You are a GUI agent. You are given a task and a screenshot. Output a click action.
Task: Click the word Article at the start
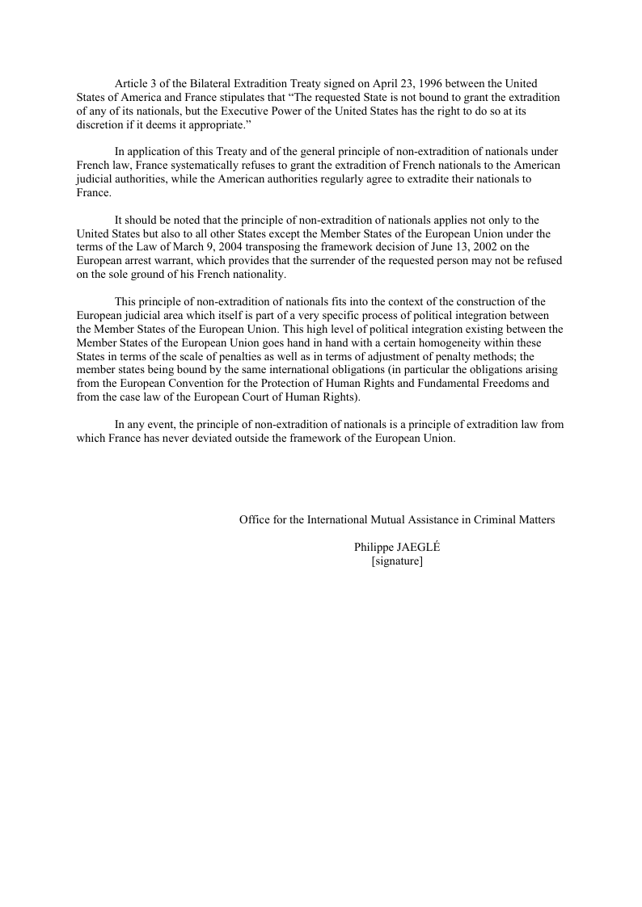click(x=131, y=84)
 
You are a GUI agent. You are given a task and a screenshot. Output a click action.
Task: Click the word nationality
click(x=257, y=275)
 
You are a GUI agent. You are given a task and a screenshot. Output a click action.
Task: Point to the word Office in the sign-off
click(x=255, y=520)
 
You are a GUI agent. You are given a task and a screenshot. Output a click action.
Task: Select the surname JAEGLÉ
click(x=420, y=547)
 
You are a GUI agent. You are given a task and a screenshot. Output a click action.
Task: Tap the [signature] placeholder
click(x=397, y=561)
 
